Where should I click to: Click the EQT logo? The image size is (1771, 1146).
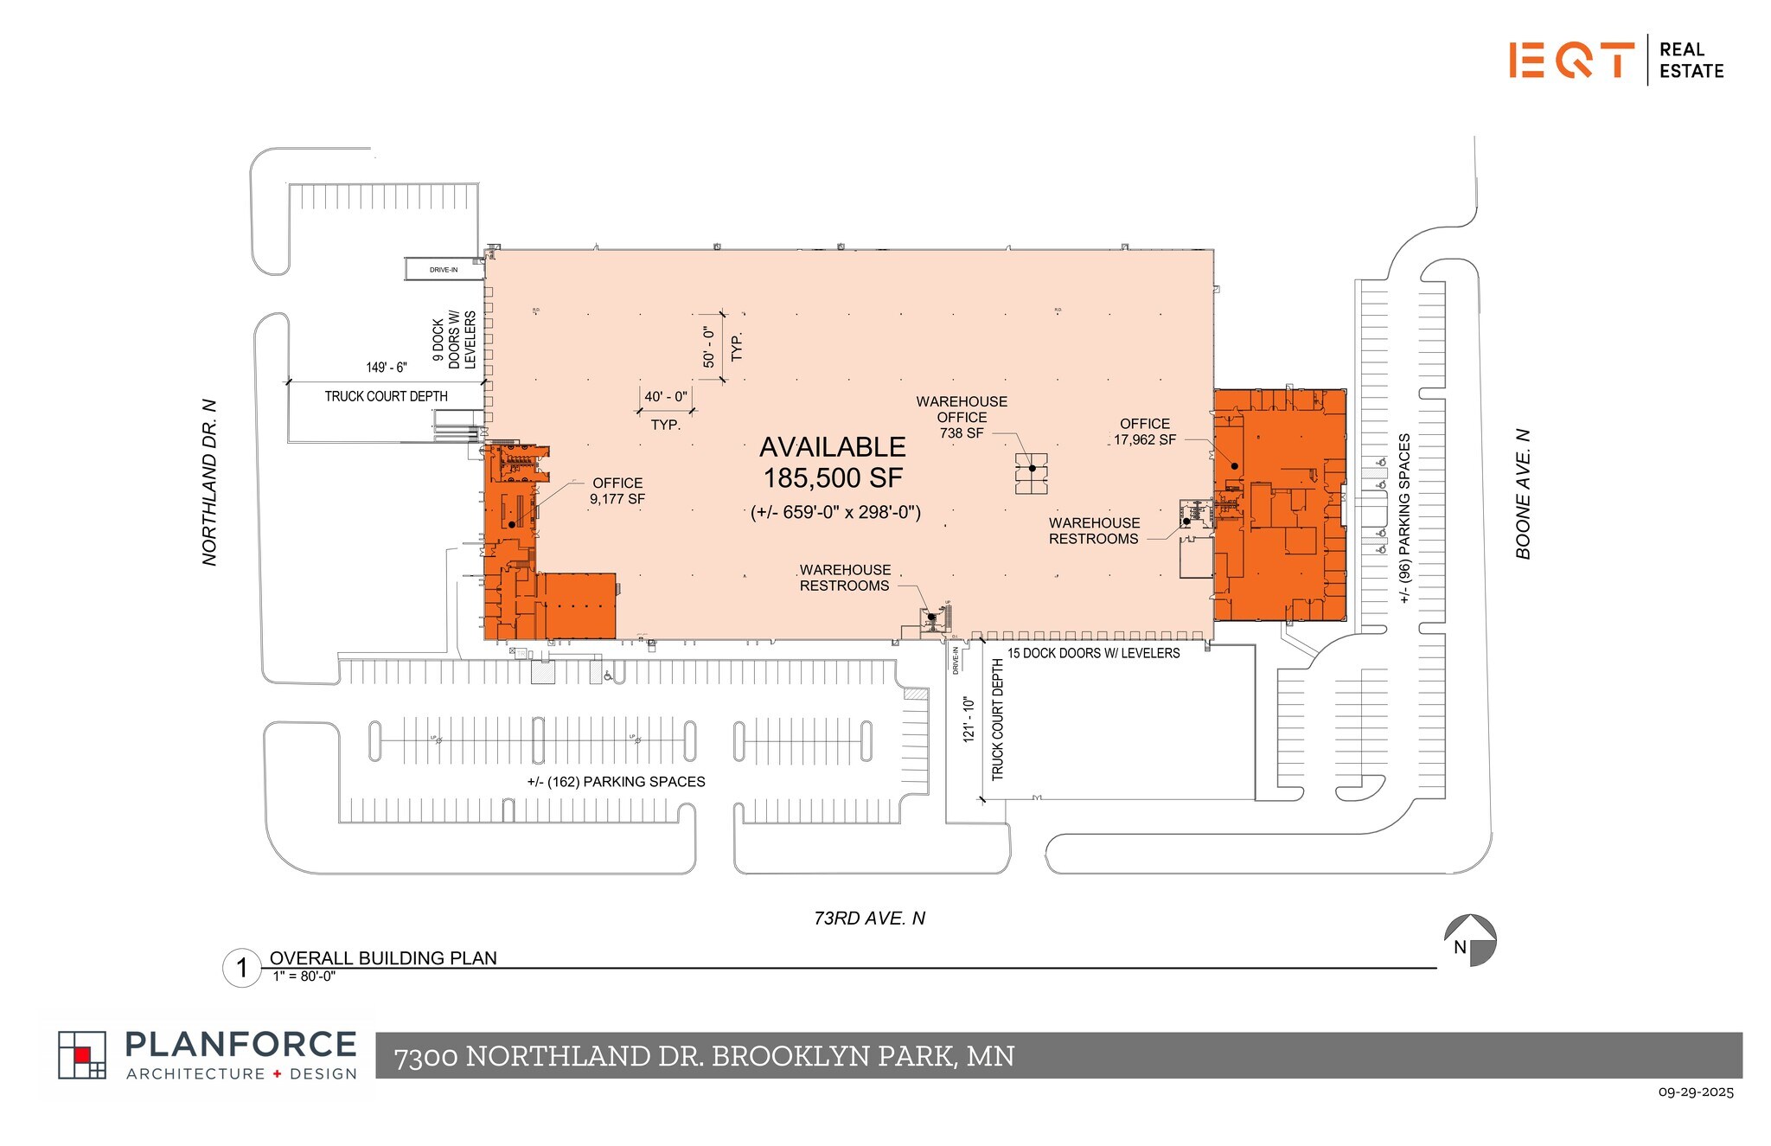pyautogui.click(x=1571, y=60)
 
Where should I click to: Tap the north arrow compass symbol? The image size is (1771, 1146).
pyautogui.click(x=1469, y=940)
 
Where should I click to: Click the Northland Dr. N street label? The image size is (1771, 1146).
pyautogui.click(x=209, y=483)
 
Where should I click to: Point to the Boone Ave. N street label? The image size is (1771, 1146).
pyautogui.click(x=1523, y=494)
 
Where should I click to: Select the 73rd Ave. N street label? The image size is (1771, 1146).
pyautogui.click(x=869, y=919)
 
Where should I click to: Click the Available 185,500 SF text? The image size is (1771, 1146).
pyautogui.click(x=833, y=463)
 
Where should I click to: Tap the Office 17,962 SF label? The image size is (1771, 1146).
pyautogui.click(x=1144, y=432)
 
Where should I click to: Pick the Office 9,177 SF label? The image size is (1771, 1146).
pyautogui.click(x=617, y=491)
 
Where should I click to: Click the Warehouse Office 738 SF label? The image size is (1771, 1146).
pyautogui.click(x=962, y=417)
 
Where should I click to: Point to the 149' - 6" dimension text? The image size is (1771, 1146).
pyautogui.click(x=386, y=368)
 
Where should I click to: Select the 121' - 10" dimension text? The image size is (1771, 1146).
pyautogui.click(x=969, y=720)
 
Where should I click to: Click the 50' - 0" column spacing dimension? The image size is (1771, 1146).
pyautogui.click(x=709, y=346)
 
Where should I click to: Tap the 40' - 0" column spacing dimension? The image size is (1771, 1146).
pyautogui.click(x=666, y=397)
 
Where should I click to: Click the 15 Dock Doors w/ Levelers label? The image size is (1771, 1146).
pyautogui.click(x=1093, y=654)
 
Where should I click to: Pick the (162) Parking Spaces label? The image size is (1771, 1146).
pyautogui.click(x=616, y=782)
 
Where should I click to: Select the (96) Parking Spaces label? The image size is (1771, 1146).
pyautogui.click(x=1404, y=518)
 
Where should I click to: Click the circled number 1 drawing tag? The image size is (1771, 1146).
pyautogui.click(x=242, y=968)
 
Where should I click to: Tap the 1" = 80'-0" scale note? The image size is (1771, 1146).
pyautogui.click(x=304, y=976)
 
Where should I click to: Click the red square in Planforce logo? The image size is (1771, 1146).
pyautogui.click(x=82, y=1054)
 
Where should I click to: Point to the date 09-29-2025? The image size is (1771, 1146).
pyautogui.click(x=1695, y=1092)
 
